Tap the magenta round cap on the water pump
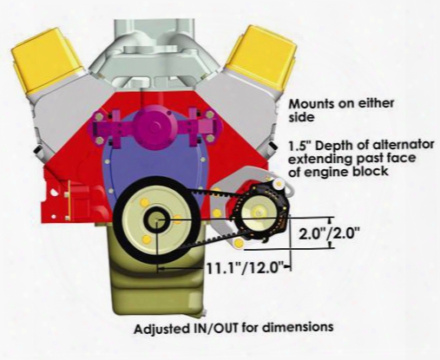pyautogui.click(x=155, y=125)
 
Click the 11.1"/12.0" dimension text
pyautogui.click(x=245, y=268)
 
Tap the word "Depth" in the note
pyautogui.click(x=331, y=146)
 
